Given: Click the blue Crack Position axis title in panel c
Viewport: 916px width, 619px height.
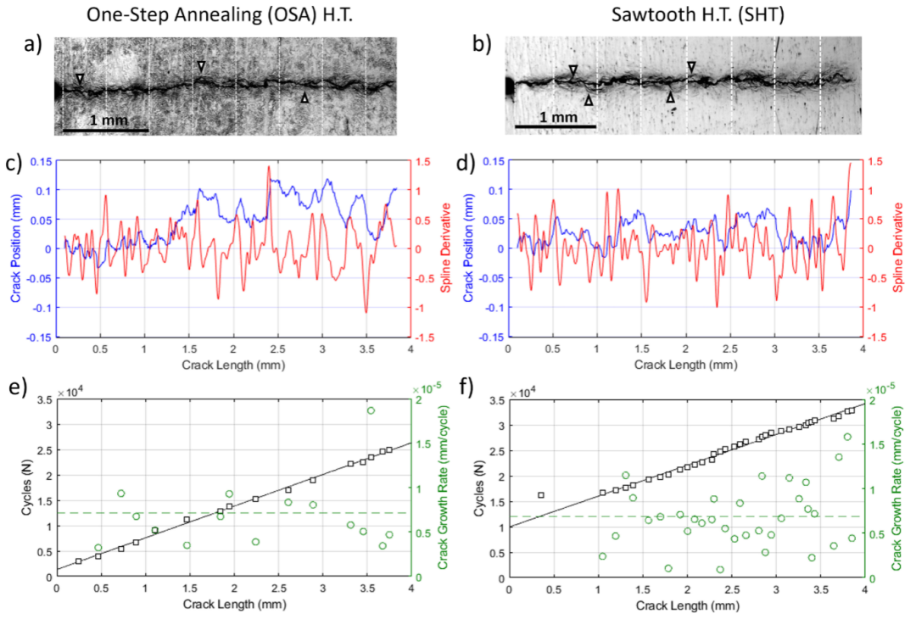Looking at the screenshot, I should tap(14, 248).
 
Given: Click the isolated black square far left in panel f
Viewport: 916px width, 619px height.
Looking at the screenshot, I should tap(541, 494).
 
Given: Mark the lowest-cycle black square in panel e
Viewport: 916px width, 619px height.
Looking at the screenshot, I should tap(78, 561).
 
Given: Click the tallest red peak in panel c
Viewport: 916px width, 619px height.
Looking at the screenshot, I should tap(269, 167).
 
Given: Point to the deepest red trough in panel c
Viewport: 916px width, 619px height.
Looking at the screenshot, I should tap(366, 312).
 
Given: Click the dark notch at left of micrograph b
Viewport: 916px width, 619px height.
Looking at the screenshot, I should tap(508, 86).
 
